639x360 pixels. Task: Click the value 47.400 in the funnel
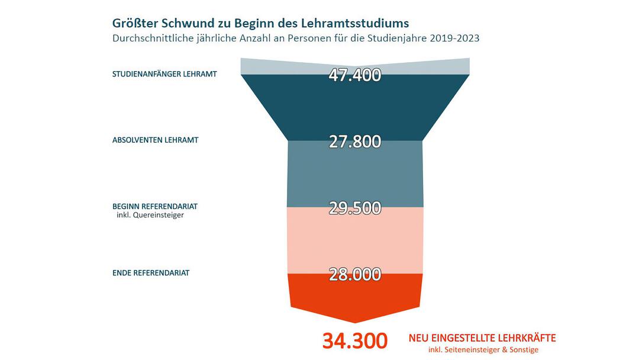[x=355, y=75]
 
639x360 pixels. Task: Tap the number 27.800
[x=355, y=142]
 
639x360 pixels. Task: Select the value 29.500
[x=355, y=208]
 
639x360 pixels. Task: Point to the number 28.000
[x=355, y=274]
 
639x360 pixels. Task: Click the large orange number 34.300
[x=355, y=341]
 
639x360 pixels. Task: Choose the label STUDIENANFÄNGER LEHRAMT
[x=164, y=75]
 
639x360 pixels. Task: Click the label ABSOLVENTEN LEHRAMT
[x=155, y=141]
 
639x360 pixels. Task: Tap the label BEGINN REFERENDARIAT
[x=155, y=206]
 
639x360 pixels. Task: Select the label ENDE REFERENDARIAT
[x=151, y=274]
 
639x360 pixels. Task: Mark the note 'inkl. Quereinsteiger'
[x=150, y=216]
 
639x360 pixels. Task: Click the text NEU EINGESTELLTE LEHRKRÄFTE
[x=482, y=338]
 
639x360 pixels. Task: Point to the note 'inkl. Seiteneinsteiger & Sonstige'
[x=483, y=350]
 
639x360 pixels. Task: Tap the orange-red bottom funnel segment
[x=355, y=296]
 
